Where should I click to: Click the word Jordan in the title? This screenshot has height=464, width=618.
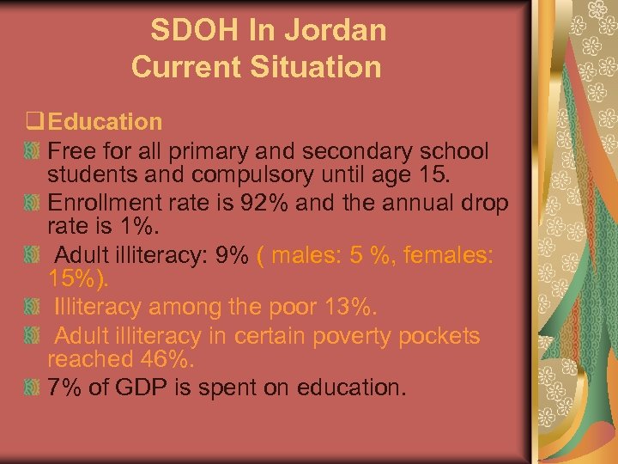(341, 31)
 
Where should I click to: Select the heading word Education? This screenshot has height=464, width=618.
(106, 123)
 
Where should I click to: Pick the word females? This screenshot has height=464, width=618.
(445, 256)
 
